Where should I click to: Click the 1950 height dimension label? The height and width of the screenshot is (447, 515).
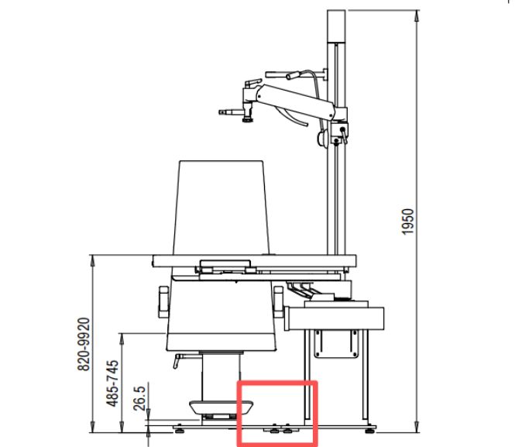pos(407,222)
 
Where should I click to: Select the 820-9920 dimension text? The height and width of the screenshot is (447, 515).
pos(84,344)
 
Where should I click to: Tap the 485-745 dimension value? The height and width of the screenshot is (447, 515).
pos(112,383)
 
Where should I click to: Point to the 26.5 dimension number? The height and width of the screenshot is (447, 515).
pos(139,398)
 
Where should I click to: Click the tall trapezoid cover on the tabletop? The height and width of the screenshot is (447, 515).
pos(221,208)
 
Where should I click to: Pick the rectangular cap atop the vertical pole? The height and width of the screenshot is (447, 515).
pos(336,26)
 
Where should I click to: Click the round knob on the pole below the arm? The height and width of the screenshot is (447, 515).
pos(322,137)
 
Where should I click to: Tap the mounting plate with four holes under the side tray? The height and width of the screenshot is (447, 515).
pos(336,344)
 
